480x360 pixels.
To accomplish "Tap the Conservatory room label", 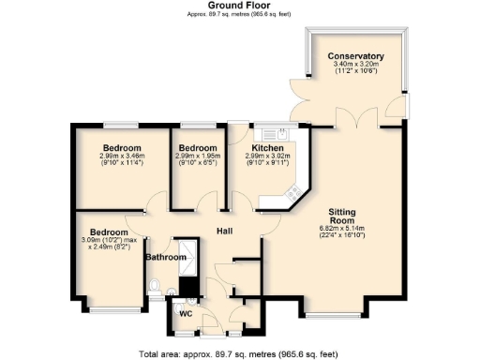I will (x=355, y=57).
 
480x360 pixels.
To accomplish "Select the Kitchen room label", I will (x=267, y=148).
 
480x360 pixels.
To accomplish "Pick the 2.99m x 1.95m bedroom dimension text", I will (x=199, y=157).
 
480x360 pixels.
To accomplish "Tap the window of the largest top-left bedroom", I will (x=121, y=125).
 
